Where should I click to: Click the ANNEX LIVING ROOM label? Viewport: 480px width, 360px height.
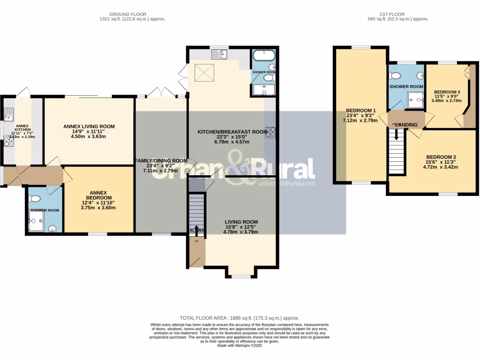tap(89, 127)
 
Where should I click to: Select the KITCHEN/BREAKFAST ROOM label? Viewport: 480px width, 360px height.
tap(232, 132)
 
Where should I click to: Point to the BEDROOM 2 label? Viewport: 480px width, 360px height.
tap(441, 157)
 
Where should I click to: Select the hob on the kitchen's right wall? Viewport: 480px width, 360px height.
tap(270, 132)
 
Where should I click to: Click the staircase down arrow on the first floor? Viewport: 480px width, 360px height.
tap(397, 135)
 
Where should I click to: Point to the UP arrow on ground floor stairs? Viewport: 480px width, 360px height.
tap(196, 229)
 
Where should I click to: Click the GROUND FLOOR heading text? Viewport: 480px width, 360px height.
tap(132, 14)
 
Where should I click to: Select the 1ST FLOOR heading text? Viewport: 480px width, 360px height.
tap(398, 14)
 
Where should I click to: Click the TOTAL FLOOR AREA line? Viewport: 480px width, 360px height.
tap(240, 318)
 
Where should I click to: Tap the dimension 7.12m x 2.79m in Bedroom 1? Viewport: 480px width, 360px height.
tap(360, 120)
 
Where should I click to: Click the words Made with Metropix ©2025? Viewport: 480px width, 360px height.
tap(240, 345)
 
